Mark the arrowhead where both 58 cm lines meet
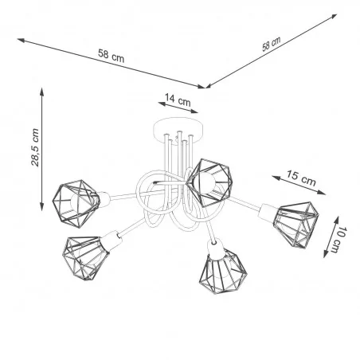205,85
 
